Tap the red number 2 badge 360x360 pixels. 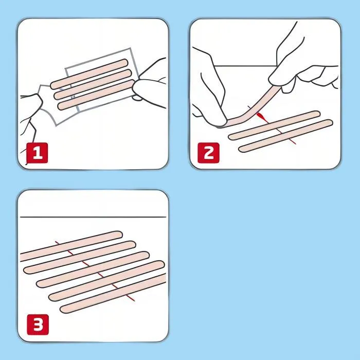pyautogui.click(x=208, y=153)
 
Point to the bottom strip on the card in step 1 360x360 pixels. pyautogui.click(x=93, y=98)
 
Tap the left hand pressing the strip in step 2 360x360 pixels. pyautogui.click(x=208, y=87)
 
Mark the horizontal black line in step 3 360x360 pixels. pyautogui.click(x=93, y=216)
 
